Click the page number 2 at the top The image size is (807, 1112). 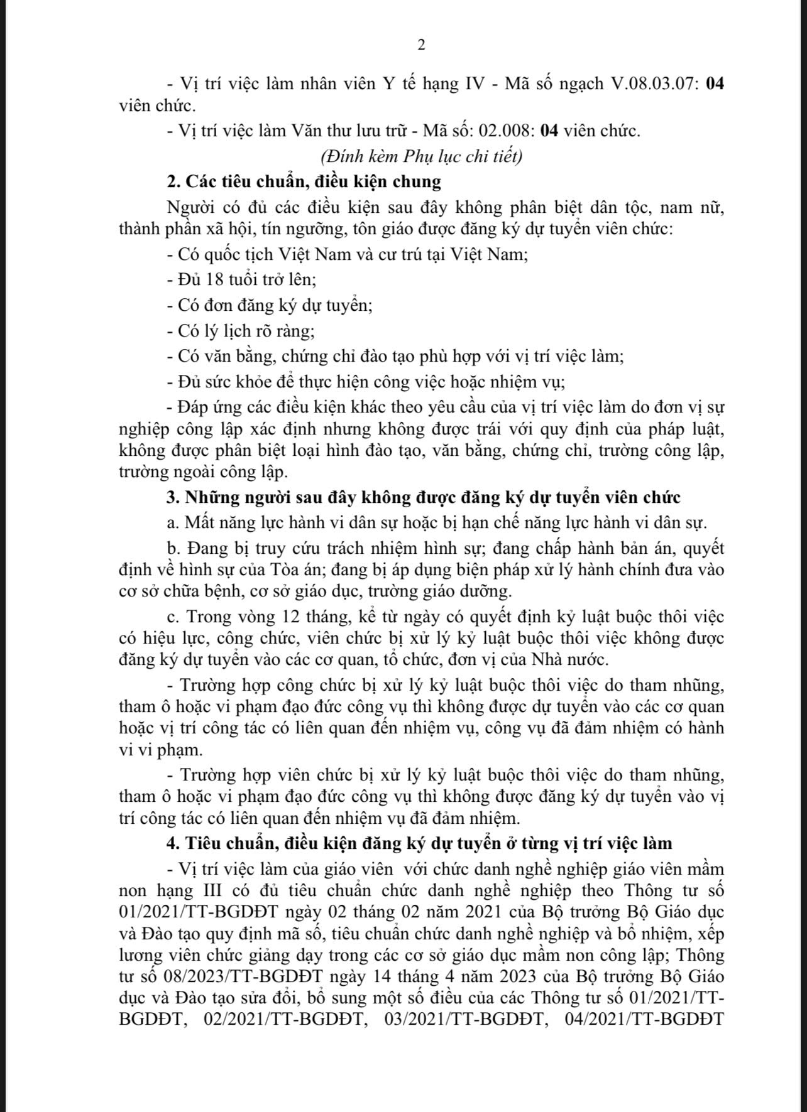421,45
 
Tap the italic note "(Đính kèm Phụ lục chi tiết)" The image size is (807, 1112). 421,156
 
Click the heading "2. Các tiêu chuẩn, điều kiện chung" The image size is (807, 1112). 304,181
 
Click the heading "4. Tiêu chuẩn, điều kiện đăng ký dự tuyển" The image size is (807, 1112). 419,843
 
